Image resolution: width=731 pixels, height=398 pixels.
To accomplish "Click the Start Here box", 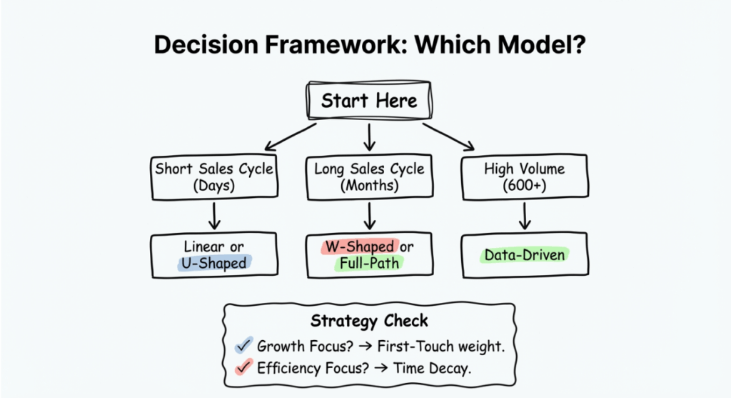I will pyautogui.click(x=369, y=101).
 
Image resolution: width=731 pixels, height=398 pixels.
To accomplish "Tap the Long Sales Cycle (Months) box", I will pyautogui.click(x=369, y=178).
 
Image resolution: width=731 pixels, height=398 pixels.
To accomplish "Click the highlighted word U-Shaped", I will pyautogui.click(x=212, y=263).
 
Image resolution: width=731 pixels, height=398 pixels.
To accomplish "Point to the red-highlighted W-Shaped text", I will pyautogui.click(x=359, y=247).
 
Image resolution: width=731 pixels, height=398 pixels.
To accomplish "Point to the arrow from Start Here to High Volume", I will pyautogui.click(x=450, y=136).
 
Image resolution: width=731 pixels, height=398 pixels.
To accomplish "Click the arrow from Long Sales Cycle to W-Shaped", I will pyautogui.click(x=369, y=215).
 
